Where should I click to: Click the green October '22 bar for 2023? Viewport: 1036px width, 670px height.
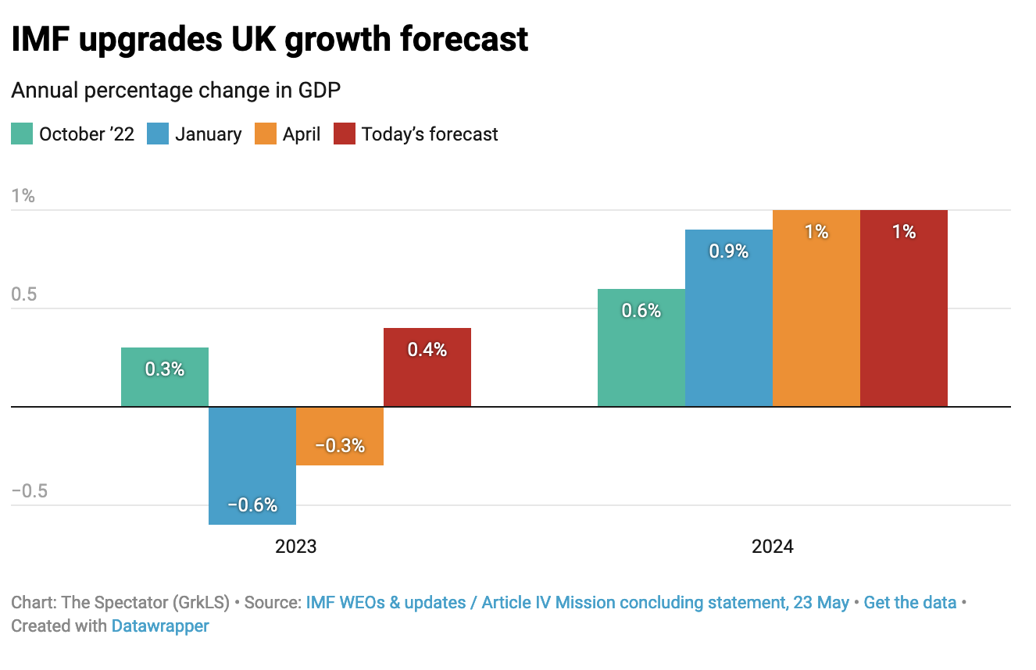click(x=165, y=377)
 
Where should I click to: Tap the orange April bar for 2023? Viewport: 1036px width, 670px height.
click(x=340, y=436)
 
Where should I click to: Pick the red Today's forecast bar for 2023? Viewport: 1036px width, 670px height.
click(x=427, y=367)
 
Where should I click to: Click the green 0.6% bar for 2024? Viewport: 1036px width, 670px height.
click(x=641, y=347)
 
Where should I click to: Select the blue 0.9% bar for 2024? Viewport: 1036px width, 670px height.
click(x=729, y=318)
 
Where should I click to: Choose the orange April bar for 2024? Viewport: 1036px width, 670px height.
click(x=816, y=308)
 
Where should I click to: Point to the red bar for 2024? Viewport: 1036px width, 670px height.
click(x=904, y=308)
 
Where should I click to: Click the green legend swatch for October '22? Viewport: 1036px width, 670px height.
click(x=22, y=134)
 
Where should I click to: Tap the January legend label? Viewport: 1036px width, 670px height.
click(x=208, y=134)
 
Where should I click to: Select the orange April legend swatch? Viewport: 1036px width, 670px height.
click(x=266, y=134)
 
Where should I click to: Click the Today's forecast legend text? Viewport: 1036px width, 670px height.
click(x=430, y=134)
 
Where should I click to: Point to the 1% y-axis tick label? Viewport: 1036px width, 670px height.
click(x=23, y=196)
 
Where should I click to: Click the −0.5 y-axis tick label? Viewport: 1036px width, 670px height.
click(x=30, y=491)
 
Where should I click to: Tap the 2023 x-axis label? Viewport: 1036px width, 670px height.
click(x=296, y=546)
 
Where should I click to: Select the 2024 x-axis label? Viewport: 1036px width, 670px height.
click(x=773, y=546)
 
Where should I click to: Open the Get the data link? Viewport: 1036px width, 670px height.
click(x=909, y=603)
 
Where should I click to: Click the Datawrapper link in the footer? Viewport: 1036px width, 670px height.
click(x=160, y=625)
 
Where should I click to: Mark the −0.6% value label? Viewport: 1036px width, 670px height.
click(x=252, y=505)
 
